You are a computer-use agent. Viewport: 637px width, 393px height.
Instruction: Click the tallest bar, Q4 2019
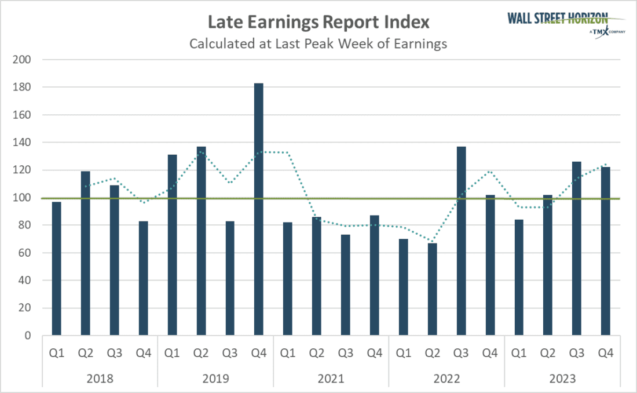(259, 209)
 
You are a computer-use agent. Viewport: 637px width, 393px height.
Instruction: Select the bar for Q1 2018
(56, 268)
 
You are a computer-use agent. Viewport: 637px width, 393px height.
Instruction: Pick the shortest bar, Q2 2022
(433, 289)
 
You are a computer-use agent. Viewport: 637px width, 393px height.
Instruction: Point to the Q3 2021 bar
(346, 285)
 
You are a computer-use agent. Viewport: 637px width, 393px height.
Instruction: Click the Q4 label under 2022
(490, 352)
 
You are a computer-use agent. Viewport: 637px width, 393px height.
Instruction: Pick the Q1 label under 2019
(172, 352)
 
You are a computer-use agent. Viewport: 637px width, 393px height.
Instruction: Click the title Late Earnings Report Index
(318, 23)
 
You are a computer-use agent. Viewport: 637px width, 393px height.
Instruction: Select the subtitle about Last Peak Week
(318, 43)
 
